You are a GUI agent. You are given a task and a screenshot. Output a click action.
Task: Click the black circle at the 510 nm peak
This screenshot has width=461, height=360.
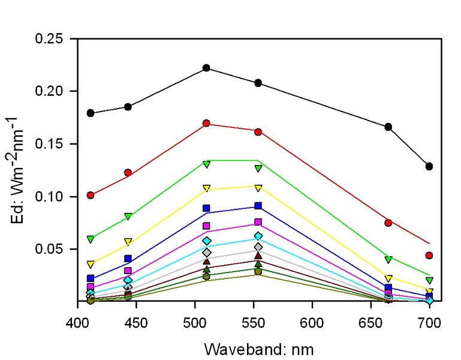pos(206,68)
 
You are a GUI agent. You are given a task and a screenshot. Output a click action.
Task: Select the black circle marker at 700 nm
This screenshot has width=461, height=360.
pos(429,166)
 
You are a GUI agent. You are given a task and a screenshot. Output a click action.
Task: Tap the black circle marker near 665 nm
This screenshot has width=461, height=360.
pos(388,127)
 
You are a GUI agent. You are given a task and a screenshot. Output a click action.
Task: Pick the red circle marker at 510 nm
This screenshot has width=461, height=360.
pos(206,124)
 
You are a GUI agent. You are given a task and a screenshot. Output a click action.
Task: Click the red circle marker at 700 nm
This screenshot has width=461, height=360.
pos(429,256)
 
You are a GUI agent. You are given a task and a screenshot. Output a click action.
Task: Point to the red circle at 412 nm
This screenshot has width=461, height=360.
pos(91,195)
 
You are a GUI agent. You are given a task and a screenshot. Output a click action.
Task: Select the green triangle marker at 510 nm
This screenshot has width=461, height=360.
pos(206,164)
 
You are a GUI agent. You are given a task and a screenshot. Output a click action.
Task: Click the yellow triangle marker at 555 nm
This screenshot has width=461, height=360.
pos(258,188)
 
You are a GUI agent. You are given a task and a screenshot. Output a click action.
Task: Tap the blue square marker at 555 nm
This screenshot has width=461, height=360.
pos(258,206)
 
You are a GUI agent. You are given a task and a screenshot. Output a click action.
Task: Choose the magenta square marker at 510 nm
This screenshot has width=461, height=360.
pos(206,226)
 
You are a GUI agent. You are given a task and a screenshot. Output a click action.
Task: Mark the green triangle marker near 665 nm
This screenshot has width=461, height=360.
pos(388,259)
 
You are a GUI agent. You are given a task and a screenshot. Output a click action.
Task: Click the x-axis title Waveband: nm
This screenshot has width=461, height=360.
pos(258,349)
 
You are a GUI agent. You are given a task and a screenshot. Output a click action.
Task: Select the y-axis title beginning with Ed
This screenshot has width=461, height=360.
pos(19,170)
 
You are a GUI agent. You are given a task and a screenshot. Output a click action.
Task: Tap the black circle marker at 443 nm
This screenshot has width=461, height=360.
pos(128,107)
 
